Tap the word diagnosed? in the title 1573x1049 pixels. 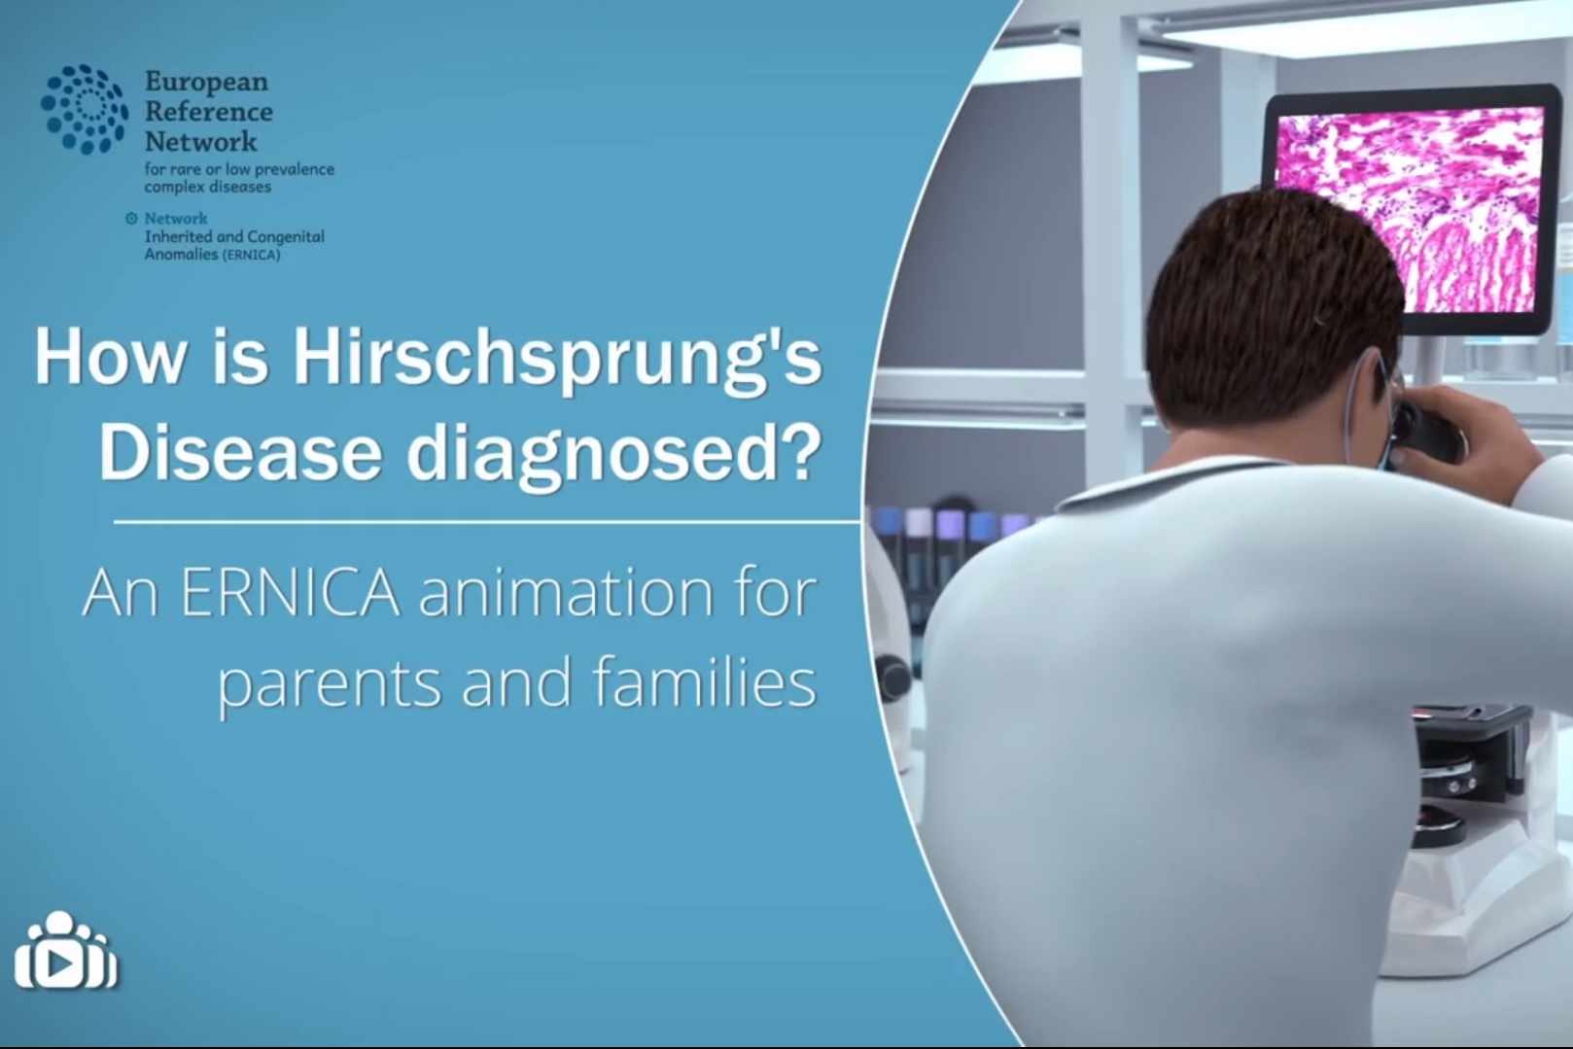click(x=613, y=454)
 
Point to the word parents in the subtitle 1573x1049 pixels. click(x=330, y=686)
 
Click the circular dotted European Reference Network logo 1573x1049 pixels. click(x=85, y=109)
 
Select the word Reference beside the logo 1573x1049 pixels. click(x=209, y=112)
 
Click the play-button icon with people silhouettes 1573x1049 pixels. click(x=66, y=951)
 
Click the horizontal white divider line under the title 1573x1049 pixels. click(x=487, y=522)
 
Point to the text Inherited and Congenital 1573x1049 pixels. click(x=234, y=236)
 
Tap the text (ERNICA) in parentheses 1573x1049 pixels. click(x=251, y=256)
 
